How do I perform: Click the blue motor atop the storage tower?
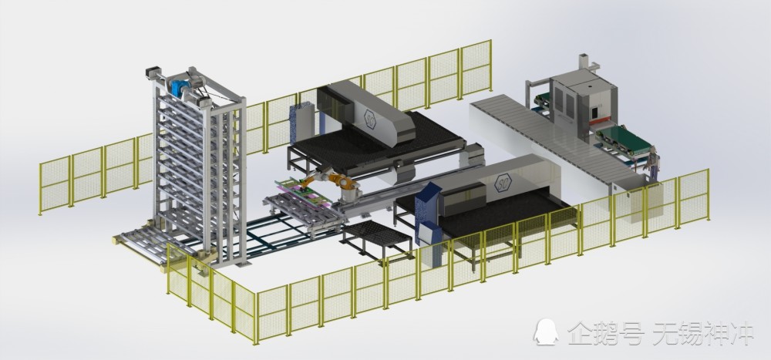point(180,87)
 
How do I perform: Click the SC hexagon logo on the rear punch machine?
point(370,119)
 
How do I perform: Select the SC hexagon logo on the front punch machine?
point(503,183)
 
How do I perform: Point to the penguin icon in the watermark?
point(546,332)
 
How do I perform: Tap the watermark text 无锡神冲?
point(703,333)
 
